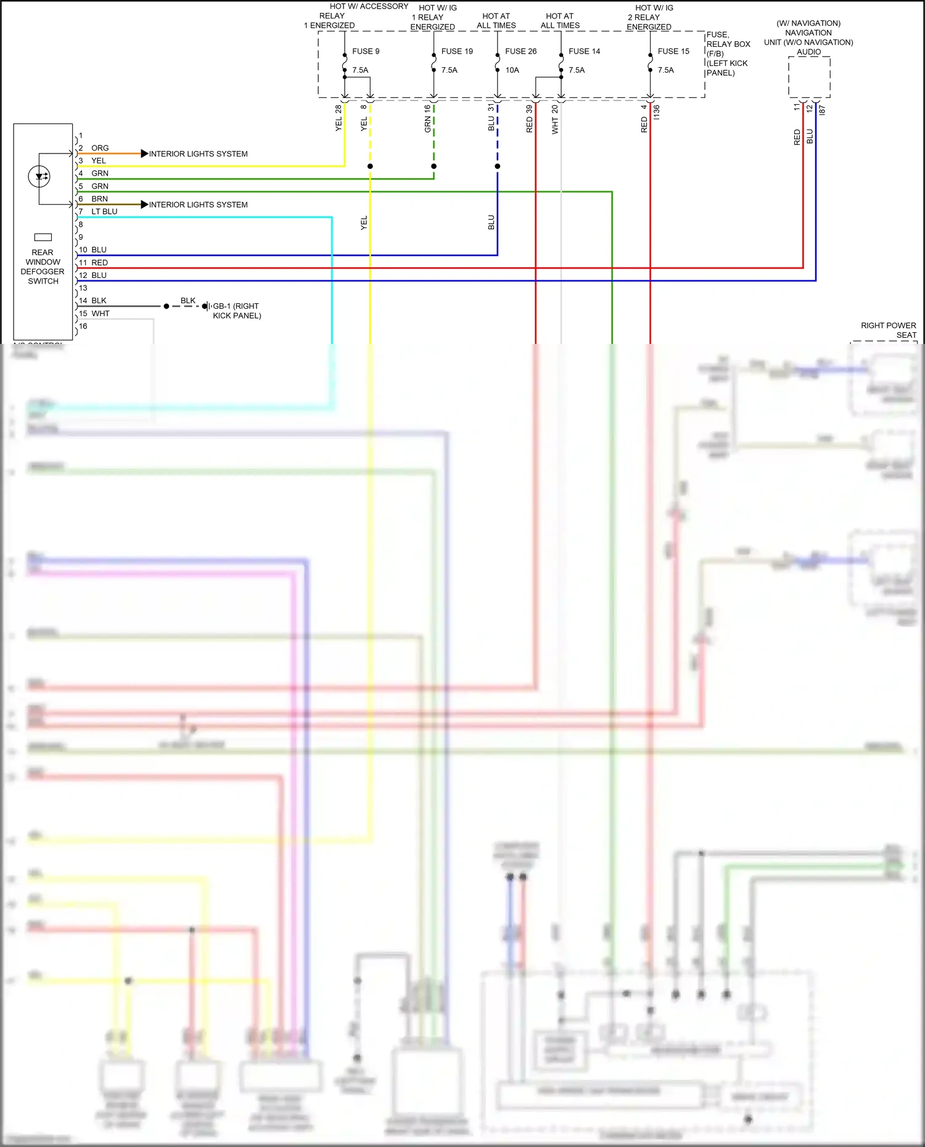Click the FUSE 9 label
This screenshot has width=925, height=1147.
(x=366, y=51)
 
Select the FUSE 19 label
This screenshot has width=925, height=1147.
(x=457, y=51)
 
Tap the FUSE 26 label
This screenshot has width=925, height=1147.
(x=520, y=51)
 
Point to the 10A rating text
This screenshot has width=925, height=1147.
(x=512, y=70)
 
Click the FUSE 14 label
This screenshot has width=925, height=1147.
(x=584, y=51)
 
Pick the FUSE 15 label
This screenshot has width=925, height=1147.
(x=673, y=51)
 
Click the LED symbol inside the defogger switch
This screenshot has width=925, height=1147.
(x=39, y=177)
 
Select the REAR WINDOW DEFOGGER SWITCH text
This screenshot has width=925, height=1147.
(x=43, y=267)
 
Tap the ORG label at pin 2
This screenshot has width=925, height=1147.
(x=100, y=148)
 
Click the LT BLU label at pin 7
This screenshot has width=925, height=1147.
(x=104, y=211)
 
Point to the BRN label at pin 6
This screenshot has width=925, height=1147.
(x=99, y=198)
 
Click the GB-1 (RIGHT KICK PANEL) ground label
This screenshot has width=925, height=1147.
(x=237, y=311)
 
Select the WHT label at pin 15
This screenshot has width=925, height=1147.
(x=101, y=314)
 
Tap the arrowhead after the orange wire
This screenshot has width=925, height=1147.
(x=144, y=153)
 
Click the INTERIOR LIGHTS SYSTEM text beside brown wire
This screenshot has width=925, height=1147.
(x=198, y=205)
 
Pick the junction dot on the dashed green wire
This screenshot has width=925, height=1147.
(x=434, y=166)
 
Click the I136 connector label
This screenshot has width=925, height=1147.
(x=657, y=112)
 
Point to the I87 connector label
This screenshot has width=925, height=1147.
(x=822, y=110)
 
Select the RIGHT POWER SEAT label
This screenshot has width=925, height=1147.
(x=888, y=330)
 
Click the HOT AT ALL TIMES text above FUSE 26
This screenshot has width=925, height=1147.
(x=496, y=21)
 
